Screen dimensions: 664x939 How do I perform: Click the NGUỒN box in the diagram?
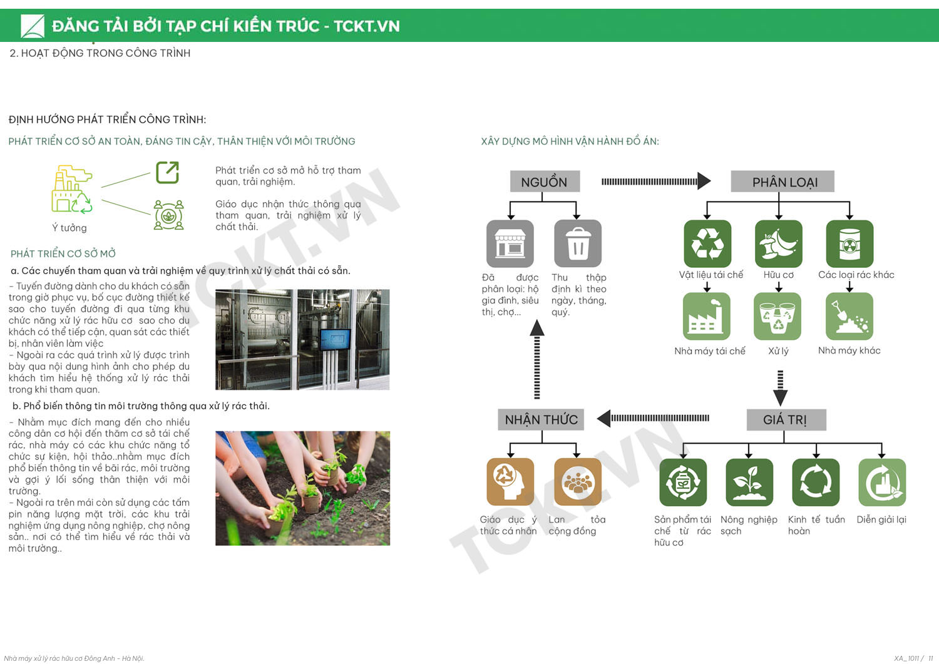click(544, 182)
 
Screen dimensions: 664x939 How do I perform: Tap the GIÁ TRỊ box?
click(786, 420)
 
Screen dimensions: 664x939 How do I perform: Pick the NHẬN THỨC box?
click(541, 419)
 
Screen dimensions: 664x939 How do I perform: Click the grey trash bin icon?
click(577, 244)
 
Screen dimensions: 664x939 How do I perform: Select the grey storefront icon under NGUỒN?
click(510, 244)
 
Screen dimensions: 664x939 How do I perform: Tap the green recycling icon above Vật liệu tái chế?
click(707, 244)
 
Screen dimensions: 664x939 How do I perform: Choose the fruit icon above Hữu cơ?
click(778, 244)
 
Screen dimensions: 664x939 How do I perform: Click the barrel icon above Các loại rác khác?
click(849, 244)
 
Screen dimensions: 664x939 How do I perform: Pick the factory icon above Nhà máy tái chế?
click(706, 317)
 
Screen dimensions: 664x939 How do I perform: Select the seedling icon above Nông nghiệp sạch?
click(749, 482)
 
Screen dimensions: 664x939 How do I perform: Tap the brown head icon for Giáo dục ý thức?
click(510, 482)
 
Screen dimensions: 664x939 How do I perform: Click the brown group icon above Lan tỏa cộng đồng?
click(577, 482)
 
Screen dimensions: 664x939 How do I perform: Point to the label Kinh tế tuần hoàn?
click(816, 525)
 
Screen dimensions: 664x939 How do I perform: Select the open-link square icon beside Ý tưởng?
click(167, 172)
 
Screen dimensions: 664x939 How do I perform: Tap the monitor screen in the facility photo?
click(335, 339)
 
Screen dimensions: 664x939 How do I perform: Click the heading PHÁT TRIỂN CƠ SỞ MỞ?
click(63, 253)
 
